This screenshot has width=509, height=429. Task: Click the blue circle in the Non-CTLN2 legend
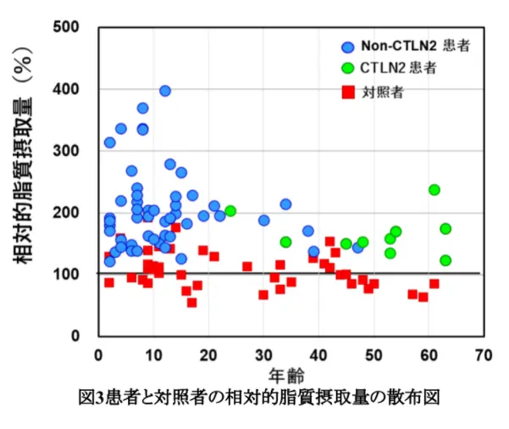click(x=347, y=46)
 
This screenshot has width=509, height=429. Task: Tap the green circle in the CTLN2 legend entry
click(x=347, y=67)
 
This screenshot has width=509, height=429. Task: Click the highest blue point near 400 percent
click(x=165, y=91)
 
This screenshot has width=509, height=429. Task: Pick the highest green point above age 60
click(x=434, y=190)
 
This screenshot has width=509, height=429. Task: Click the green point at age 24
click(x=230, y=211)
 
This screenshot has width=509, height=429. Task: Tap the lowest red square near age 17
click(x=192, y=302)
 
